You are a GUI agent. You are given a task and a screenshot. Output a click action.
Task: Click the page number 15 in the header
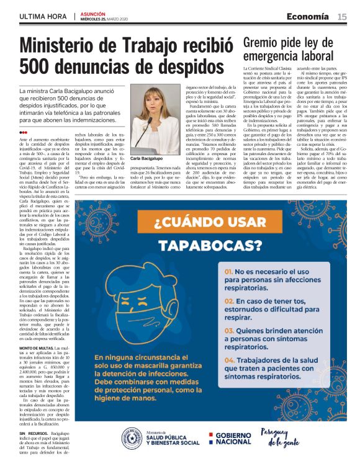342,16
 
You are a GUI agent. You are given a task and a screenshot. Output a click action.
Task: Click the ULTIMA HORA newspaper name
43,16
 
